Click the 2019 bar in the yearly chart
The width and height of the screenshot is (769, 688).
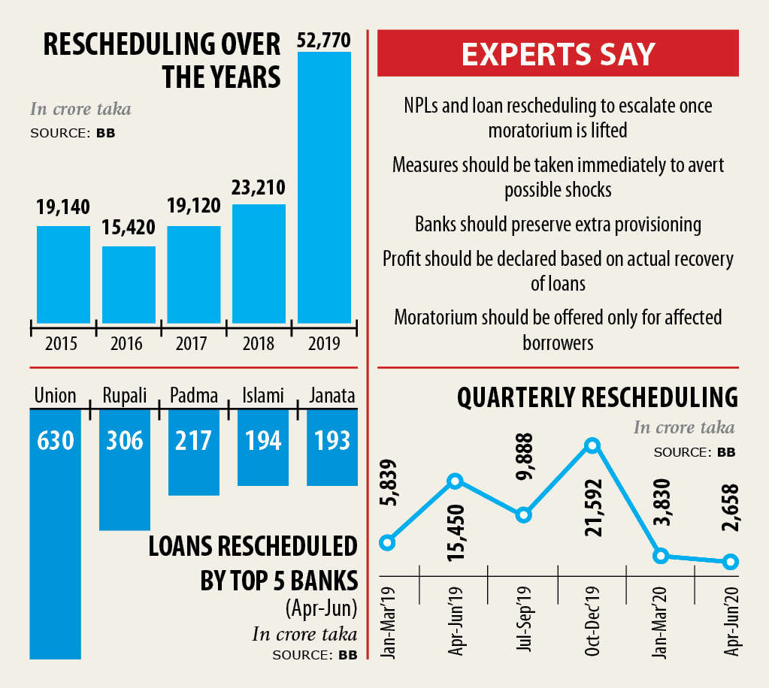pyautogui.click(x=324, y=188)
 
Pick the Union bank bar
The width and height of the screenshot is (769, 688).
pyautogui.click(x=55, y=533)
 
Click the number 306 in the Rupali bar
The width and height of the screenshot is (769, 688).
pyautogui.click(x=125, y=439)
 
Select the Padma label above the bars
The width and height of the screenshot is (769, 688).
pyautogui.click(x=193, y=395)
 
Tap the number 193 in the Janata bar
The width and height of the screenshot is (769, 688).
pyautogui.click(x=332, y=439)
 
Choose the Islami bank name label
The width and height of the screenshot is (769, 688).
pyautogui.click(x=262, y=395)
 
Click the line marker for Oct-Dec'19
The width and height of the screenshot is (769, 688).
pyautogui.click(x=592, y=445)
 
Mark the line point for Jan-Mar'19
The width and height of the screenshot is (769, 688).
pyautogui.click(x=387, y=542)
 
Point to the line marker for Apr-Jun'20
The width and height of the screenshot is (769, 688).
pyautogui.click(x=729, y=562)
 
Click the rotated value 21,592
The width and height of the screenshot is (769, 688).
pyautogui.click(x=592, y=509)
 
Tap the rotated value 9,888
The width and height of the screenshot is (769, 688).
pyautogui.click(x=525, y=460)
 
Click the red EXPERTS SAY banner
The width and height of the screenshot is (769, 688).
pyautogui.click(x=558, y=54)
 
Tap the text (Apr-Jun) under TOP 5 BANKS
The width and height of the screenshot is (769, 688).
pyautogui.click(x=321, y=607)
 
